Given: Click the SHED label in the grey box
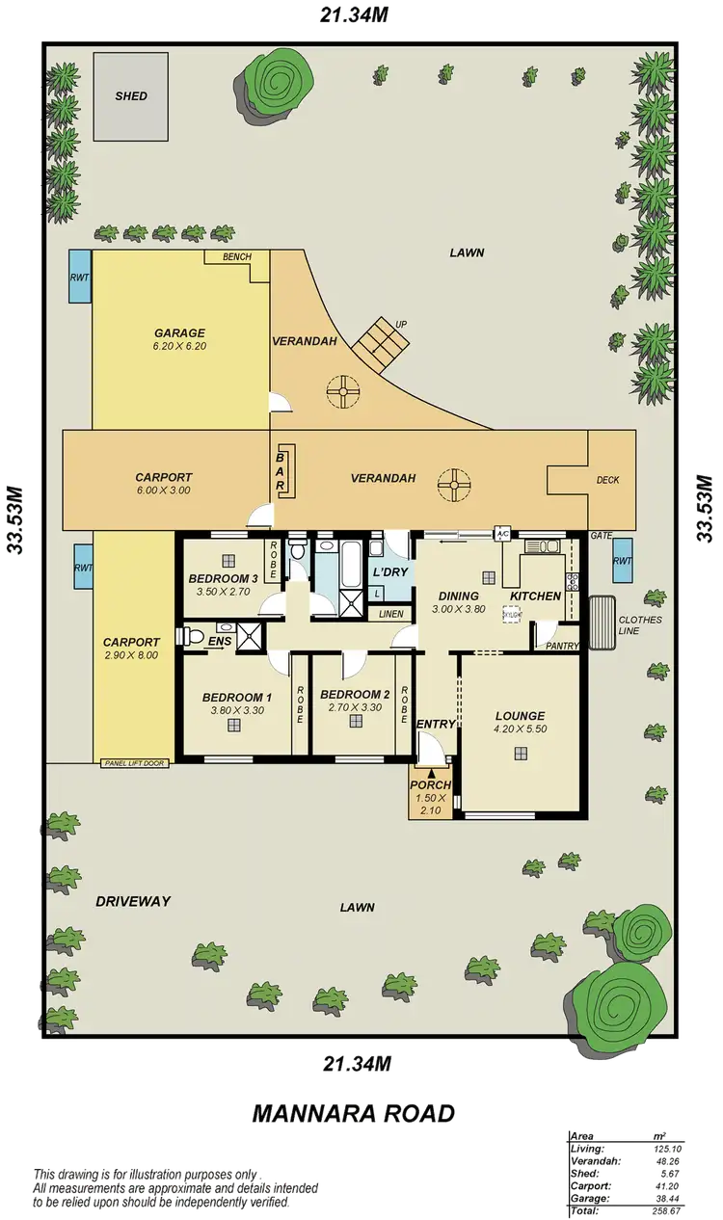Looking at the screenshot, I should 131,96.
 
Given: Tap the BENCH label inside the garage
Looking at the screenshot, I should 236,257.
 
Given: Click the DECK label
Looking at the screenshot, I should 607,480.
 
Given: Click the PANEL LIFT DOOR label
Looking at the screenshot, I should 134,763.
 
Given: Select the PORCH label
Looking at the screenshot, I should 431,785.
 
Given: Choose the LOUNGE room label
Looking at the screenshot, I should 520,716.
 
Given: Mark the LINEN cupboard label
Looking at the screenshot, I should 390,613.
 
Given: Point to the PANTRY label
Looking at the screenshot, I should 562,646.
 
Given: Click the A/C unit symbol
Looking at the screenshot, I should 502,533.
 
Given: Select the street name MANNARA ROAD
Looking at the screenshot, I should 353,1113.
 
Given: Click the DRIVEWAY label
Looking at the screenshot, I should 133,901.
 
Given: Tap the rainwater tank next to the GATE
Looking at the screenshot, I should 624,561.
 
